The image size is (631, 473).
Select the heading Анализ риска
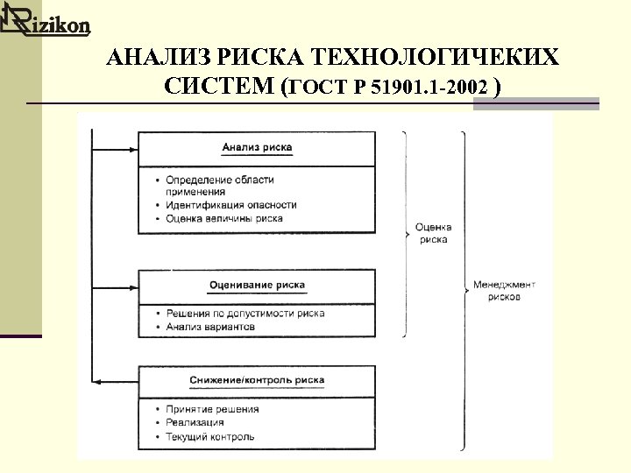(257, 147)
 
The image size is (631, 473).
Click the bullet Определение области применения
(219, 185)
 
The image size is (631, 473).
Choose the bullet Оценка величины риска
(223, 218)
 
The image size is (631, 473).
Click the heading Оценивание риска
(257, 285)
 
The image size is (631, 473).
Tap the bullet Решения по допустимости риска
(245, 313)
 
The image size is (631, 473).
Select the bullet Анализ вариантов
(210, 327)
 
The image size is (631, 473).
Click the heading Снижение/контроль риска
(257, 380)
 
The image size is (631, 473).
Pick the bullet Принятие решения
(212, 409)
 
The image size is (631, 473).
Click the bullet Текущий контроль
(210, 436)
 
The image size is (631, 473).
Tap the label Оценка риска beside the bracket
(434, 232)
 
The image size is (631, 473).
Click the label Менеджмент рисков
(504, 291)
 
